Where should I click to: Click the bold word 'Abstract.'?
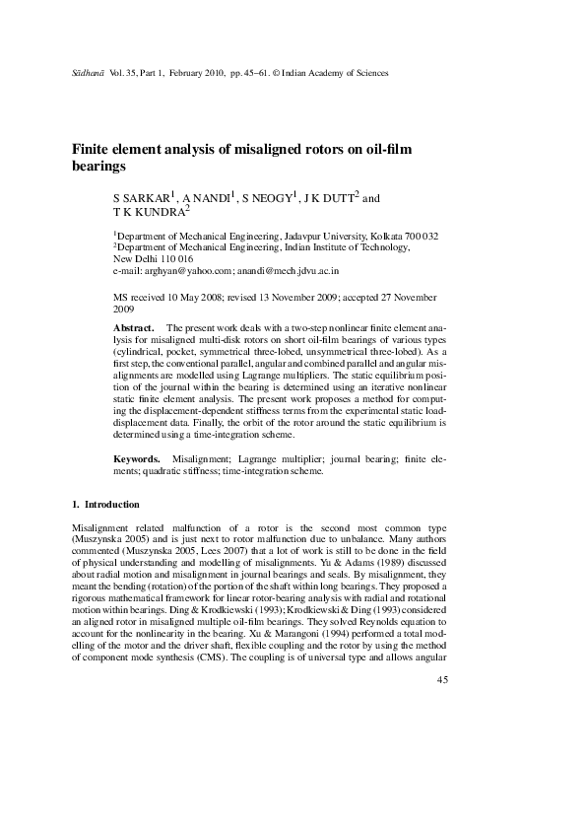click(x=134, y=326)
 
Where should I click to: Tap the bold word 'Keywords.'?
click(x=137, y=459)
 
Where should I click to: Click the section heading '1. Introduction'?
click(x=105, y=506)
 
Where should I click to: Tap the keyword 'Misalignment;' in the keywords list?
click(x=201, y=459)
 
